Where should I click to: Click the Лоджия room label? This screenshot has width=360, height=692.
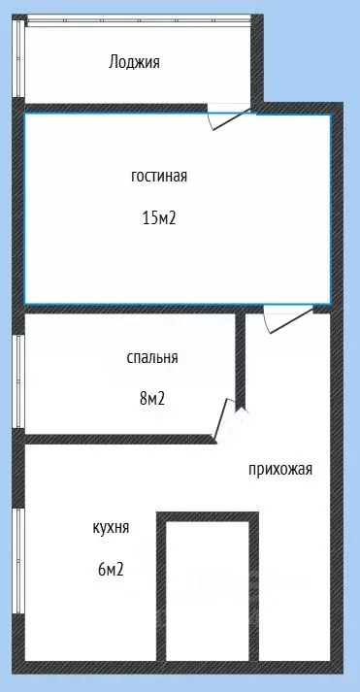134,62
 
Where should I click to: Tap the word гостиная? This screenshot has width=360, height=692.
158,177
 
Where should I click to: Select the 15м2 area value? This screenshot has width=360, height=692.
158,217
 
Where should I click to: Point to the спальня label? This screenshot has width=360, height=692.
151,357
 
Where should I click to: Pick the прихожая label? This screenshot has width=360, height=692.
279,470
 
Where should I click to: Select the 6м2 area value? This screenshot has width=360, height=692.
110,569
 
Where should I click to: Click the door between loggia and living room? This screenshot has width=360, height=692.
229,117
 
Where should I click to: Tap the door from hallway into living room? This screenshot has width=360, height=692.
287,318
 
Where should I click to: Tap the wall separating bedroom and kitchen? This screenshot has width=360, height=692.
116,440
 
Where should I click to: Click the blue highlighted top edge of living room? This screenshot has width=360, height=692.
175,115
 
